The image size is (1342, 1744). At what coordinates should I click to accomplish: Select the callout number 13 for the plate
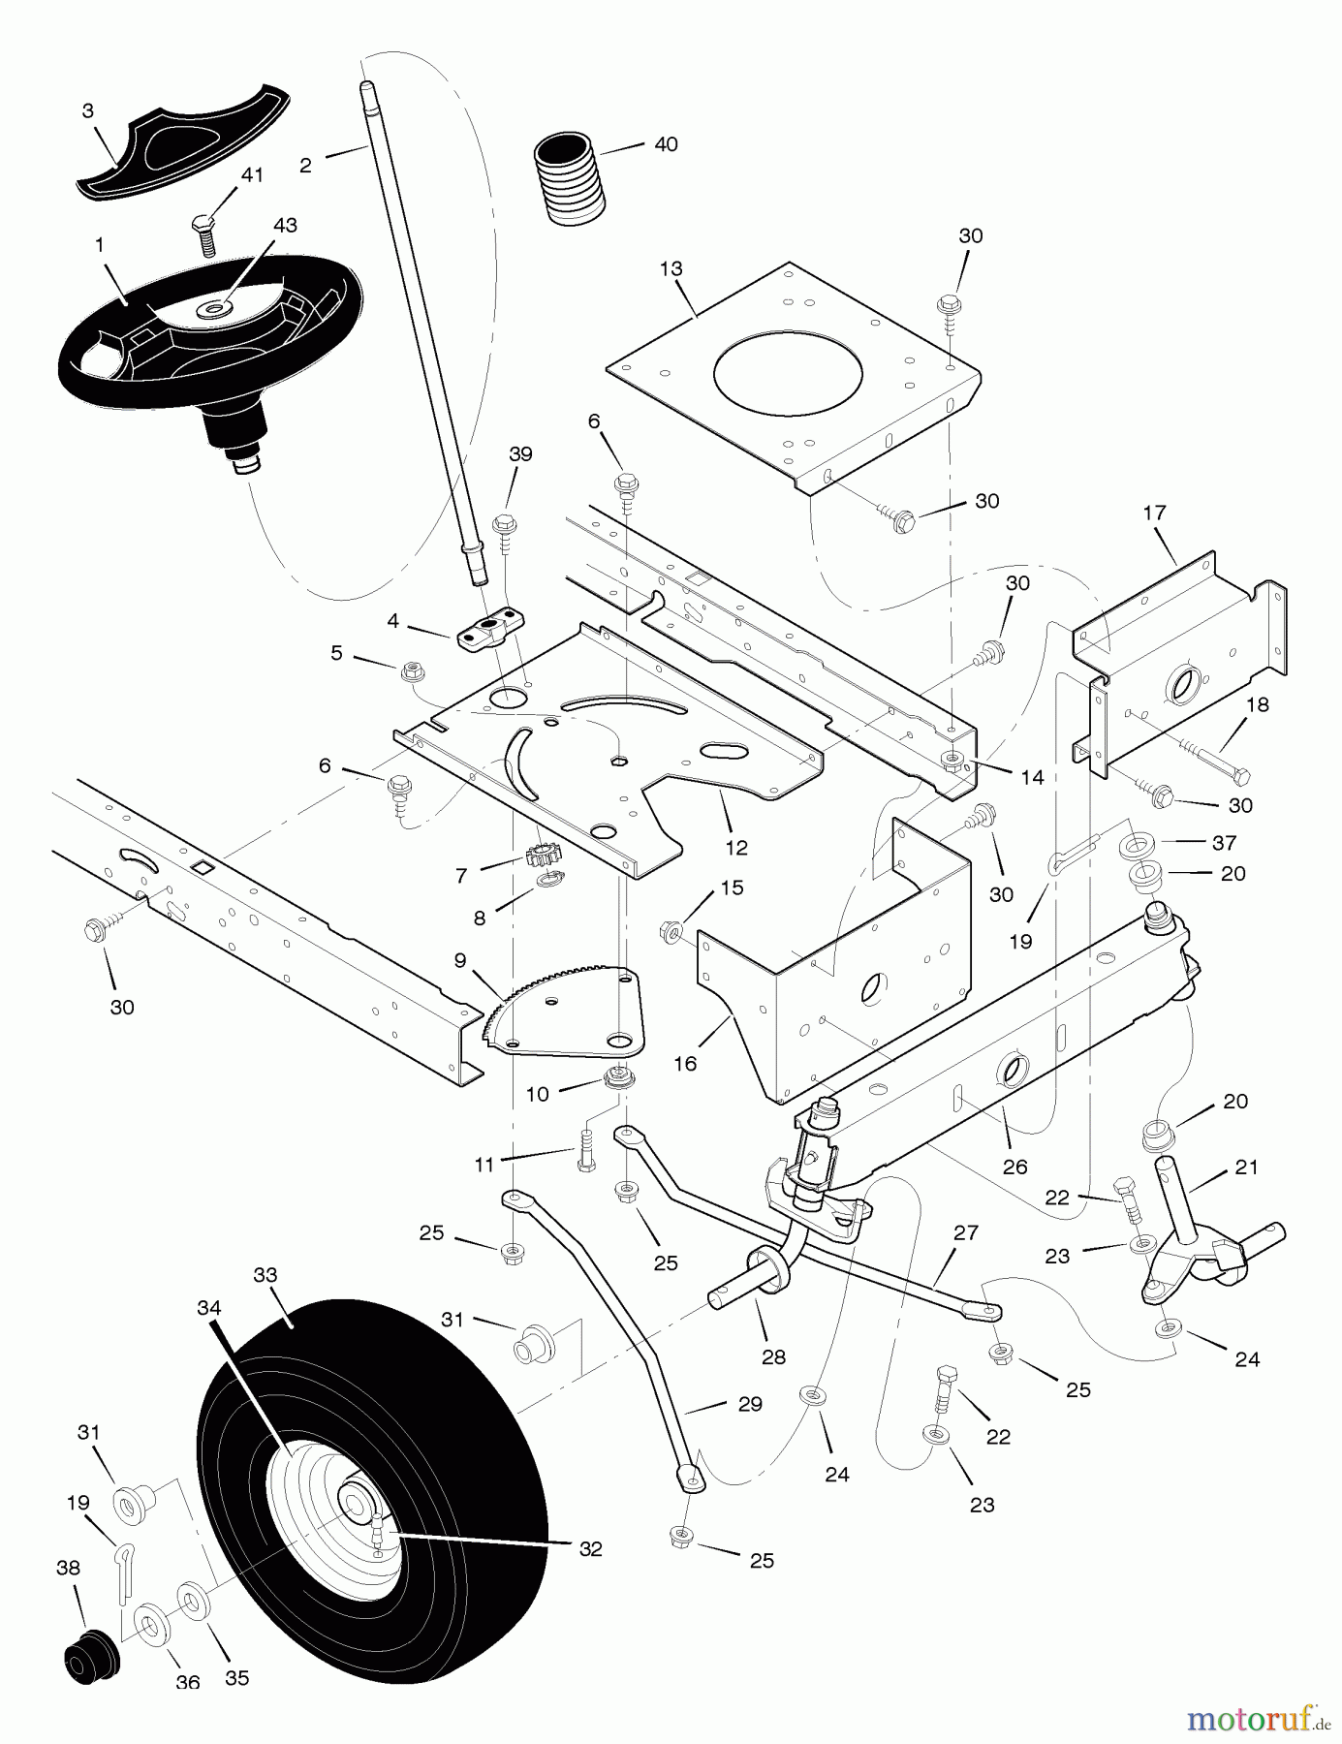click(x=671, y=268)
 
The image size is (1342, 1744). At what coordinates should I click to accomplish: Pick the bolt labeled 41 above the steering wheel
click(x=204, y=234)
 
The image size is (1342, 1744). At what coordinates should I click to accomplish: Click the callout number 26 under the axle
click(x=1014, y=1168)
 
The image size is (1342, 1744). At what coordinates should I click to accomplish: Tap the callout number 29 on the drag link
click(x=750, y=1404)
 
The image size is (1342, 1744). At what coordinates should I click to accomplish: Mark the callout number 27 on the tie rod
click(x=965, y=1233)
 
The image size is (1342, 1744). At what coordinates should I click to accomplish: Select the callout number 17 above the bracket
click(x=1154, y=513)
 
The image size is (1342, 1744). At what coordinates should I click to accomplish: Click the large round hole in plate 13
click(x=787, y=374)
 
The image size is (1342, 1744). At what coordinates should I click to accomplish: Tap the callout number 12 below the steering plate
click(x=736, y=848)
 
